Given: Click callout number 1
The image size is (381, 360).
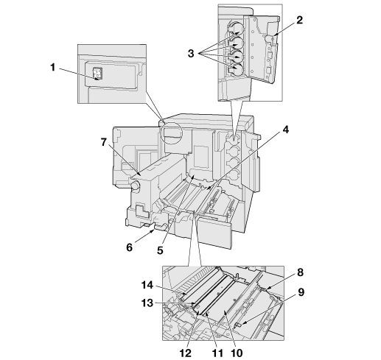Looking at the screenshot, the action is (53, 67).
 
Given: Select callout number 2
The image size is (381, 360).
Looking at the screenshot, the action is (299, 20).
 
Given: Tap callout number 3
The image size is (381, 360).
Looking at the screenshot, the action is (191, 53).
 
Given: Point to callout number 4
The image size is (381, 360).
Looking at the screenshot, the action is (285, 130).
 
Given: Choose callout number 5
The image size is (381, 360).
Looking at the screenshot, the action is (160, 250).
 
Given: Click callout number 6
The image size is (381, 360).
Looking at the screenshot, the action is (130, 247).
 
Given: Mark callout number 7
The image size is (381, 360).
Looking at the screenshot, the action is (104, 142).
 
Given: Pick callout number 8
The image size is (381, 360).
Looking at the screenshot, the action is (300, 272).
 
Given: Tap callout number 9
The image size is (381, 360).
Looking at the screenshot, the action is (301, 292).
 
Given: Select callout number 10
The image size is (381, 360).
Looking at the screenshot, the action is (237, 353).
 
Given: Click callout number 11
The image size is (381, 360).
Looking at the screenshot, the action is (217, 353).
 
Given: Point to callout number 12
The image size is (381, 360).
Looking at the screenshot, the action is (186, 353).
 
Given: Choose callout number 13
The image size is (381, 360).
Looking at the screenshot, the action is (147, 303).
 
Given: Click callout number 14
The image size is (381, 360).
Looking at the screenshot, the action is (147, 285).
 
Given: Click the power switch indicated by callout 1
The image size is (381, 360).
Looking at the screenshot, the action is (97, 74).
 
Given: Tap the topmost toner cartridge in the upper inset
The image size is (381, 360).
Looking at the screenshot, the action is (236, 29).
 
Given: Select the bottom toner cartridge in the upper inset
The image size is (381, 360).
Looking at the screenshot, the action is (236, 69).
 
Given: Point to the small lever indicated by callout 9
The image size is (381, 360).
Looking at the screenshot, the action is (238, 325).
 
